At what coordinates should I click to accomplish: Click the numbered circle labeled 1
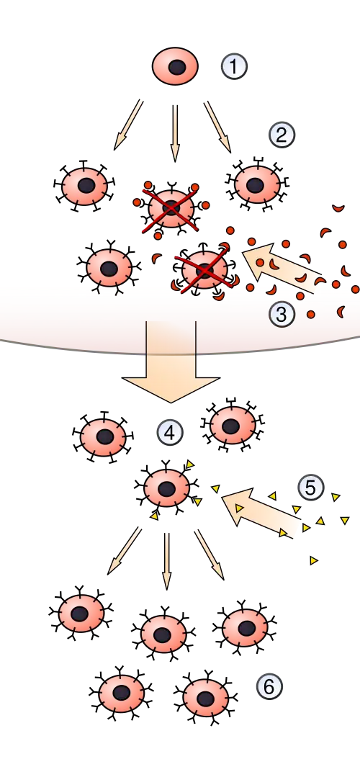click(x=234, y=66)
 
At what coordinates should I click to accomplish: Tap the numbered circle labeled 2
click(x=282, y=135)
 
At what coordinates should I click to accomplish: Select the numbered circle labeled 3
click(x=282, y=314)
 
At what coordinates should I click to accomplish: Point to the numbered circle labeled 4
click(x=169, y=433)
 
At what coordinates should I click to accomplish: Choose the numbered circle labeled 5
click(x=311, y=488)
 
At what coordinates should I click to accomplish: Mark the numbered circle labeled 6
click(x=269, y=686)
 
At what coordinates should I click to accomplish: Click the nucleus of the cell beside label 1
click(x=177, y=67)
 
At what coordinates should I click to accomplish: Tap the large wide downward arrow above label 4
click(x=171, y=362)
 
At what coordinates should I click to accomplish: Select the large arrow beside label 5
click(x=261, y=513)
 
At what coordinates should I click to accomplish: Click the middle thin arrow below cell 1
click(x=174, y=133)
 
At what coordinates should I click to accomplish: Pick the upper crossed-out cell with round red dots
click(x=171, y=207)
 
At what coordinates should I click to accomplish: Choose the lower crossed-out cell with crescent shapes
click(x=205, y=269)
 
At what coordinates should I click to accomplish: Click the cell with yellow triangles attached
click(x=167, y=488)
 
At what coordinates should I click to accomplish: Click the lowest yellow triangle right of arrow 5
click(x=314, y=560)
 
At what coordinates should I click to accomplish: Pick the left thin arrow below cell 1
click(x=128, y=125)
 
